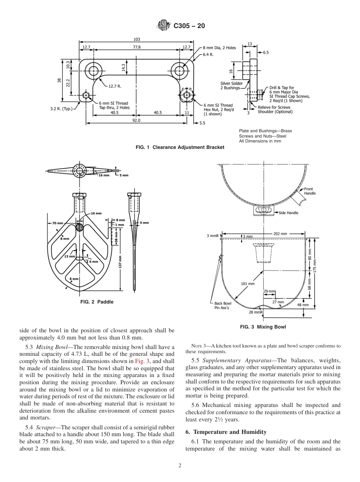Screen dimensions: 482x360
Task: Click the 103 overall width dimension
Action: [x=137, y=39]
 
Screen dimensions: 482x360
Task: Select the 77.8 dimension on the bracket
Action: [x=137, y=47]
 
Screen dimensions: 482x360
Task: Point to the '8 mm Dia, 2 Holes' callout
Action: [x=219, y=48]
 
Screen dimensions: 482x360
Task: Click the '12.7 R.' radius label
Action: [x=114, y=86]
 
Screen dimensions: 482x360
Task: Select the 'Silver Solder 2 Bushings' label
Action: [x=231, y=86]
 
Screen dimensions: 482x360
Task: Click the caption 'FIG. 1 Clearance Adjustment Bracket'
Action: [x=180, y=147]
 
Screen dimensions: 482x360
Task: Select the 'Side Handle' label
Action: [x=288, y=213]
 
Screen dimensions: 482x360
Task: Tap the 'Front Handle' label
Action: [x=309, y=191]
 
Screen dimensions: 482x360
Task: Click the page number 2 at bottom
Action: [x=180, y=466]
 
